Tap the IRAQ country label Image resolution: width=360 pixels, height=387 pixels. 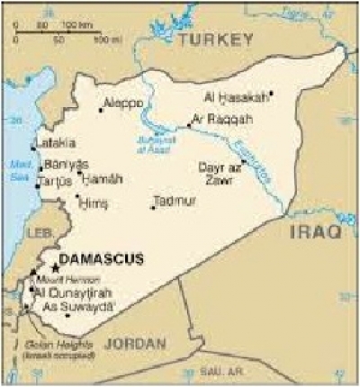tap(315, 233)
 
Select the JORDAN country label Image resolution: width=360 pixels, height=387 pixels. tap(136, 343)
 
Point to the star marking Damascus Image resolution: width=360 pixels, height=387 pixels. tap(56, 267)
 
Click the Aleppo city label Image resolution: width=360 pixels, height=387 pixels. tap(122, 103)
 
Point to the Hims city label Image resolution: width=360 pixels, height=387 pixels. tap(88, 202)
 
